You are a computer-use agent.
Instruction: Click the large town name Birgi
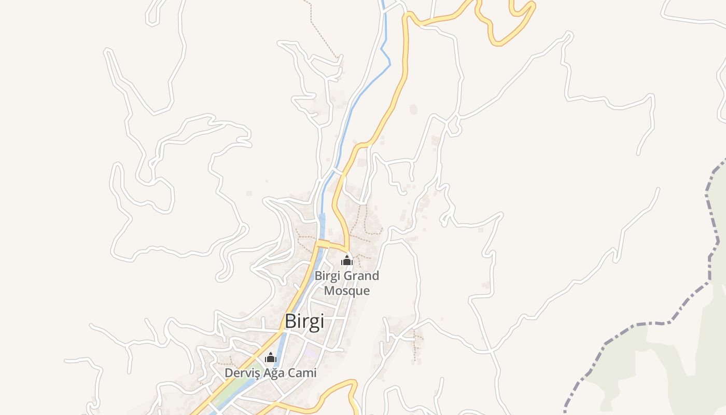pos(304,322)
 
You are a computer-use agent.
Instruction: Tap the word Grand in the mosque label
pos(361,276)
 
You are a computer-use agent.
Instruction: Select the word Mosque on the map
pos(347,290)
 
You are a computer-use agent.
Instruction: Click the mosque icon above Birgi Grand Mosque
pos(347,260)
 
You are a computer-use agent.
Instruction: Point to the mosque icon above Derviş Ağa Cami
pos(271,358)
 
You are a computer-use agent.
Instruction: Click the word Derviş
pos(241,373)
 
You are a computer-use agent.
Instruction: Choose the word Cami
pos(303,373)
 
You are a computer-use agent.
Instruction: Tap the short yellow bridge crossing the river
pos(323,243)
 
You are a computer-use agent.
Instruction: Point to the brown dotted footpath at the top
pos(322,31)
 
